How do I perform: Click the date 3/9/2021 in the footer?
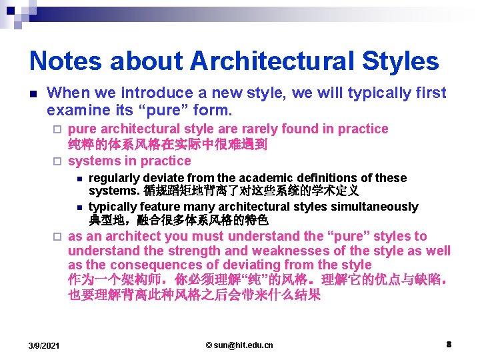[x=44, y=345]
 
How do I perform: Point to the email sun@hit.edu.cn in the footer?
[x=239, y=345]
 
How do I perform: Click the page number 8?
[x=449, y=345]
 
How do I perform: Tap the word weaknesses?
[x=297, y=251]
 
